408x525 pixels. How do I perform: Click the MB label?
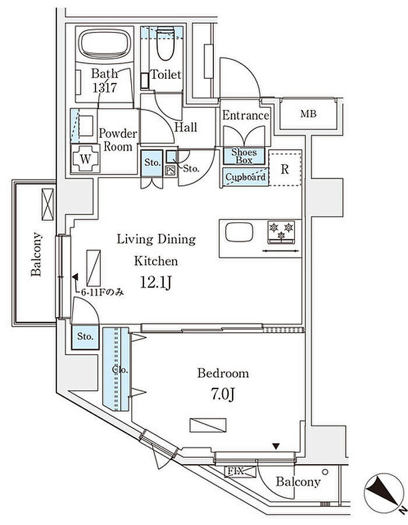[308, 114]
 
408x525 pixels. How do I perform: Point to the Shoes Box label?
[244, 156]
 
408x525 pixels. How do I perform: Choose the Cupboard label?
[245, 177]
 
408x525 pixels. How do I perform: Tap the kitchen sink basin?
[239, 234]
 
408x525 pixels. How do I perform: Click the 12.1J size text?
[156, 283]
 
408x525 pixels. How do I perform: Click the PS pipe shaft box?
[171, 170]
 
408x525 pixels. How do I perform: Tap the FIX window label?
[235, 471]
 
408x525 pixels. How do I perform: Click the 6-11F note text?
[99, 293]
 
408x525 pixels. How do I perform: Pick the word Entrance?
[246, 116]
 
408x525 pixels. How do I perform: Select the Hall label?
[185, 127]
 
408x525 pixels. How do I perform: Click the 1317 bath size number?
[104, 88]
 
